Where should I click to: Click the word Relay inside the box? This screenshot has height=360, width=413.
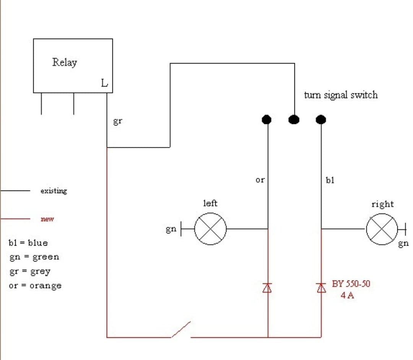(x=65, y=62)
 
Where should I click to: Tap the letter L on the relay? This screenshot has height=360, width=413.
(x=104, y=83)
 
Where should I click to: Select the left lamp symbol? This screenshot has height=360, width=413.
(x=210, y=229)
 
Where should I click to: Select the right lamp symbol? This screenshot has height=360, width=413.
(x=382, y=229)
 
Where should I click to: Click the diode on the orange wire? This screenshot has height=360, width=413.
(x=267, y=288)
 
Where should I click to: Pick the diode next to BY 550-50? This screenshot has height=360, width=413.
(x=321, y=288)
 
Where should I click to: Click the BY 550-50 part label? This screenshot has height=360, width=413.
(x=351, y=284)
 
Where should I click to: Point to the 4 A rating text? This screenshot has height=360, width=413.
(x=347, y=295)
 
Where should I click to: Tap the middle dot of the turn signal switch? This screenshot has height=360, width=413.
(x=294, y=120)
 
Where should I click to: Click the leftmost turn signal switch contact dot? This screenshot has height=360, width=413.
(x=267, y=120)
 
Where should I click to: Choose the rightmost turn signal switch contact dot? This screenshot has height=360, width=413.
(x=321, y=120)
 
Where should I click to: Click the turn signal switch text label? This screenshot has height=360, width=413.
(x=341, y=95)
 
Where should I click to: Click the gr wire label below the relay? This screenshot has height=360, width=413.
(x=118, y=122)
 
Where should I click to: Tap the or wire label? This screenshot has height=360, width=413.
(x=260, y=179)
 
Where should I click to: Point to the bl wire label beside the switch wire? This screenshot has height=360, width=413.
(x=330, y=180)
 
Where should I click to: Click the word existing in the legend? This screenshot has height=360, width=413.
(x=54, y=191)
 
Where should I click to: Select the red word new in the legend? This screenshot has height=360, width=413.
(x=47, y=219)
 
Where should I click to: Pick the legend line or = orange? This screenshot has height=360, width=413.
(x=35, y=286)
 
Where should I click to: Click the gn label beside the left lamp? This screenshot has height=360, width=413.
(x=171, y=229)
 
